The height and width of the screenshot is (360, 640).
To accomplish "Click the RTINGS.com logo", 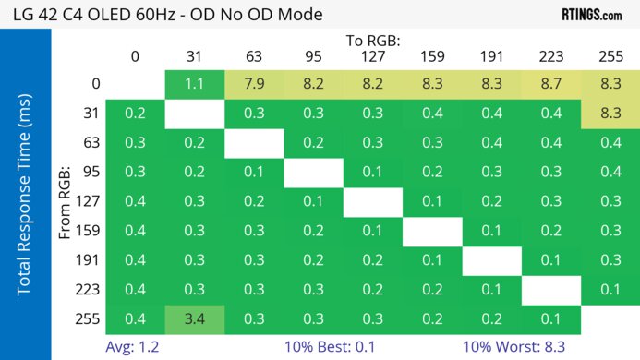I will (591, 15).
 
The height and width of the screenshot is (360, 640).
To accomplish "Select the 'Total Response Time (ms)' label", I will (25, 194).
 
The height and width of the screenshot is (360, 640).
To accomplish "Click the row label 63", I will (91, 143).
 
